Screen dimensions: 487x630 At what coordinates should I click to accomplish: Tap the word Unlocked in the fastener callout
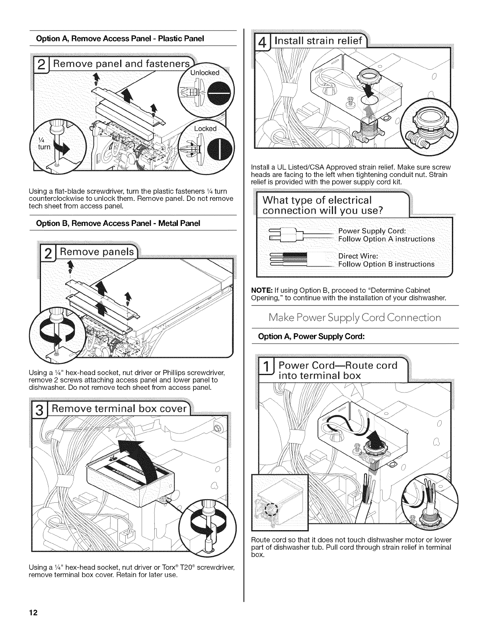pos(205,73)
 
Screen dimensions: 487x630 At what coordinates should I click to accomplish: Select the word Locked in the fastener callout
pos(205,128)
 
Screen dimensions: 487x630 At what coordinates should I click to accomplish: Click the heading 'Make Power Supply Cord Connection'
pos(355,317)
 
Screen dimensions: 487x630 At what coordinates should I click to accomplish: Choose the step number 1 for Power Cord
pos(266,370)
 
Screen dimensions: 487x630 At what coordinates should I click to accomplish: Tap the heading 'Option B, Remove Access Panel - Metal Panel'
pos(118,223)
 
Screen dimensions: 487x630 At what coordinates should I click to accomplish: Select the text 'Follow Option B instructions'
pos(386,264)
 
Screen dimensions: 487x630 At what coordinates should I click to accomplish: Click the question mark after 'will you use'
pos(380,211)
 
